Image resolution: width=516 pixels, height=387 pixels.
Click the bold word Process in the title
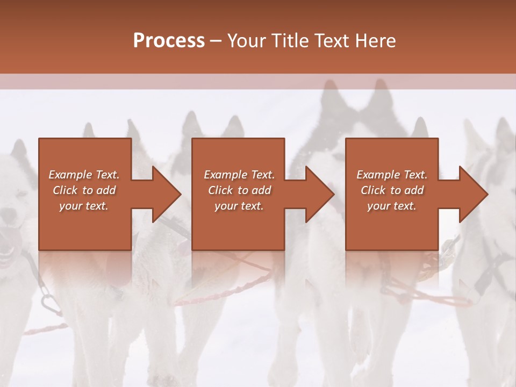coord(169,41)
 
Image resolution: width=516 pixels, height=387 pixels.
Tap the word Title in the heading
coord(289,41)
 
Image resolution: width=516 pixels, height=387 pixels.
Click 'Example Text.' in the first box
coord(84,175)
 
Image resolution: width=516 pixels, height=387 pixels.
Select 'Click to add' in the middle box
coord(239,190)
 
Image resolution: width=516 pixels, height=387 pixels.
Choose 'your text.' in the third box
coord(391,206)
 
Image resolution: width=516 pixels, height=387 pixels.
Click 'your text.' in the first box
coord(84,206)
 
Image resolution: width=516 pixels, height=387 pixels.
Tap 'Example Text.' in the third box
coord(391,175)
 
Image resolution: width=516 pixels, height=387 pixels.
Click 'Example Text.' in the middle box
coord(239,175)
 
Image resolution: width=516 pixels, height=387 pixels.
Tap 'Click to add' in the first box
coord(84,190)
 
